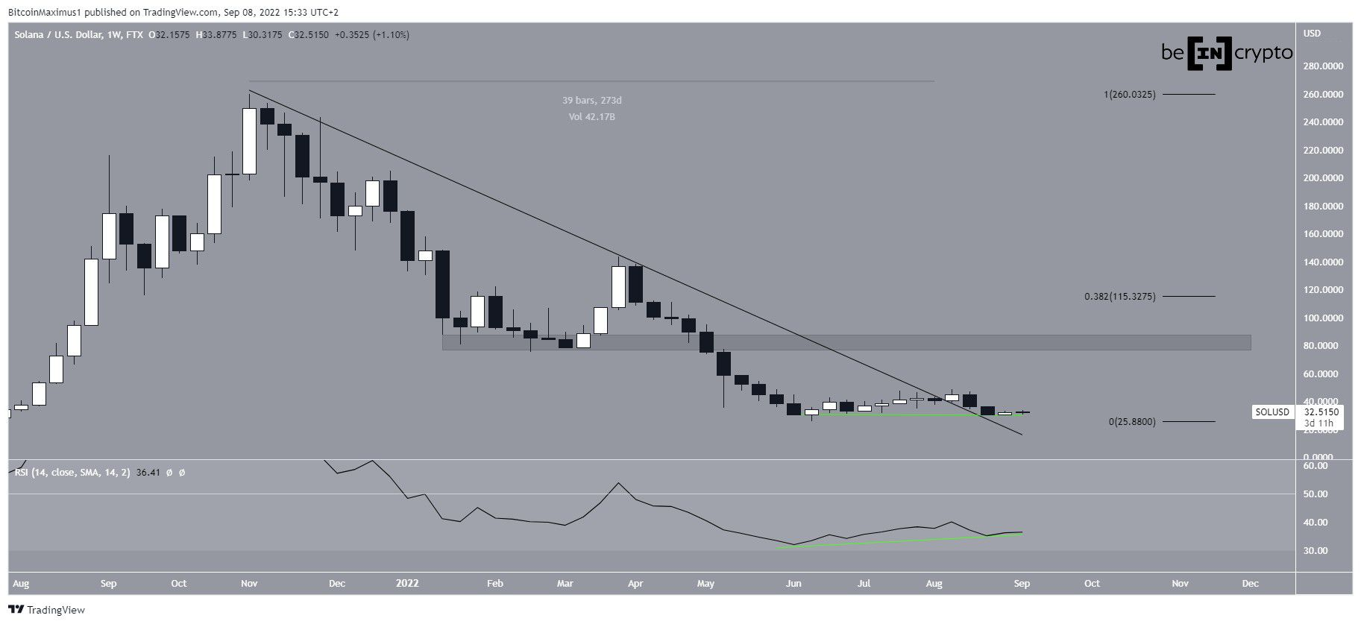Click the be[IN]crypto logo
pyautogui.click(x=1226, y=53)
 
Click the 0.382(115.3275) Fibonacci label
pyautogui.click(x=1119, y=297)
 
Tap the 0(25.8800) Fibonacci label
pyautogui.click(x=1132, y=422)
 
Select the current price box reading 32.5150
pyautogui.click(x=1321, y=412)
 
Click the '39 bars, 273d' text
pyautogui.click(x=591, y=101)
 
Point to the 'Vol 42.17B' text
pyautogui.click(x=591, y=117)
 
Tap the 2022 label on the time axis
pyautogui.click(x=408, y=583)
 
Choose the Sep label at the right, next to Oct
pyautogui.click(x=1022, y=583)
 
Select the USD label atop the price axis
pyautogui.click(x=1312, y=34)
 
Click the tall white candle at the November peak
pyautogui.click(x=249, y=141)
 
